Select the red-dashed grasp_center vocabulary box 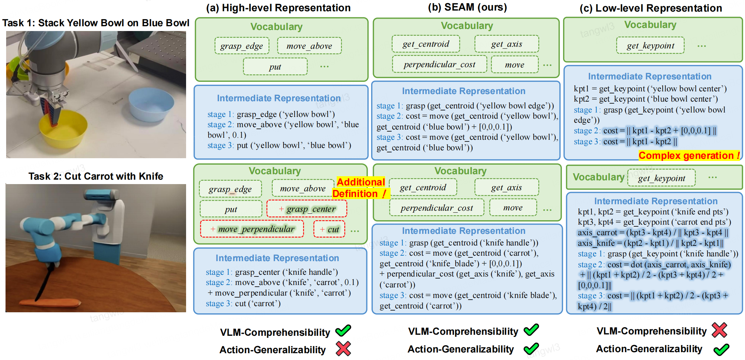tap(307, 209)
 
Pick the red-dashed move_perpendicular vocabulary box tap(252, 229)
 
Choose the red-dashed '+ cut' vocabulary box tap(329, 229)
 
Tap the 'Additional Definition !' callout tap(360, 188)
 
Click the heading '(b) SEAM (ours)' tap(467, 7)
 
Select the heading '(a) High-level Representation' tap(278, 8)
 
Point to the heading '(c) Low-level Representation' tap(651, 8)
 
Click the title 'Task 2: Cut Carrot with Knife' tap(96, 176)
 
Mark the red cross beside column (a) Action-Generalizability tap(343, 349)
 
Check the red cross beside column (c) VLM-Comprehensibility tap(719, 330)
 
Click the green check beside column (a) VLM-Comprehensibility tap(343, 330)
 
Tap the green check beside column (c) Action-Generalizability tap(721, 349)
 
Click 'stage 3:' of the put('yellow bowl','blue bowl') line tap(221, 146)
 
